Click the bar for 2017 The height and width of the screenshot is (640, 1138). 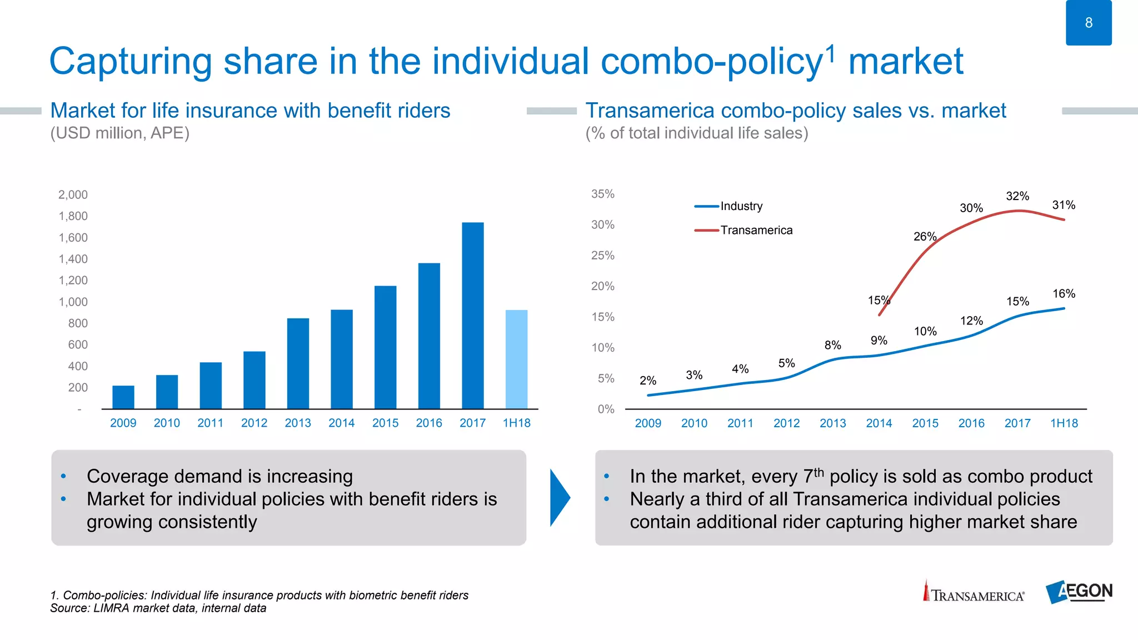coord(472,316)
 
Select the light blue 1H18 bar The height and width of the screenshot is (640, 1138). coord(516,359)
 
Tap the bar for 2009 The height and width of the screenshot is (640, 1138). coord(123,397)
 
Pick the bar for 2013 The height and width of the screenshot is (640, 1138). coord(298,363)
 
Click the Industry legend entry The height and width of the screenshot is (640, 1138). coord(741,206)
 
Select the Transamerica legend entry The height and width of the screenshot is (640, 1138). coord(756,230)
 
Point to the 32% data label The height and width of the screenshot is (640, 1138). coord(1017,196)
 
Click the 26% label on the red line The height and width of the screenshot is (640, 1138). coord(925,237)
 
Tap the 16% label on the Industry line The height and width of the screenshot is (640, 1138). coord(1064,293)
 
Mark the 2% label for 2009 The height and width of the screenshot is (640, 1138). coord(648,381)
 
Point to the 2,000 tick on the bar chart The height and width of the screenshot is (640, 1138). coord(73,194)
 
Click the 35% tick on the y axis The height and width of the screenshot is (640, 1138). coord(602,194)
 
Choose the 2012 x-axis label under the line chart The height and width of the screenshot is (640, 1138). coord(786,423)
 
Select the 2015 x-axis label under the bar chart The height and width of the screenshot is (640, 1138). coord(385,423)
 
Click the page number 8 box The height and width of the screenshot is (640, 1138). coord(1089,23)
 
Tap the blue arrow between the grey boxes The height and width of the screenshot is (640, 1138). coord(560,497)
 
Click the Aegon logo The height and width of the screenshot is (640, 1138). coord(1079,592)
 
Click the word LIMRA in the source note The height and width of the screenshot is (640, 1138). coord(111,608)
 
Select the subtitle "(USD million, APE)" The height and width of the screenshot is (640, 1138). coord(120,133)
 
